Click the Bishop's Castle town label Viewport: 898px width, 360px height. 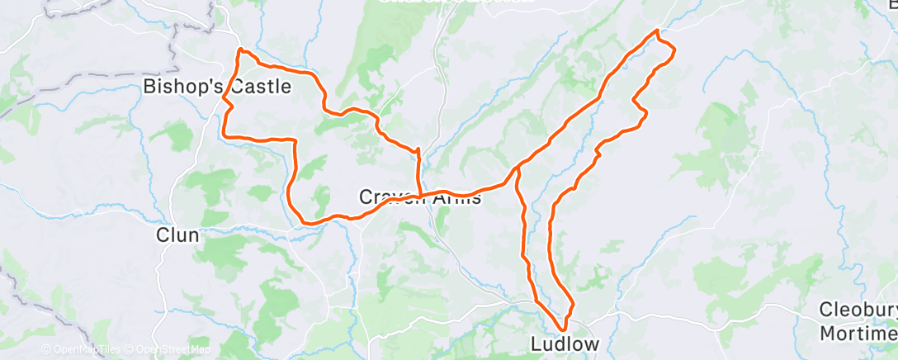(217, 86)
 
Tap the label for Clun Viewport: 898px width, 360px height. (177, 235)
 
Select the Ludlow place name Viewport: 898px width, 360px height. (563, 343)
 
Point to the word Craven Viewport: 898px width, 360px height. (390, 197)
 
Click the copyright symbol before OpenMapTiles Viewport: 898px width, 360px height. (46, 349)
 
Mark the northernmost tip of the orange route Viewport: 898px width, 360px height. (657, 31)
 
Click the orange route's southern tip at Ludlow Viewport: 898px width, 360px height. (565, 330)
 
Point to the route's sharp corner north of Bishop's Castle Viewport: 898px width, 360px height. (240, 50)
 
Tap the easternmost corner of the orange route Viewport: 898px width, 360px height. (675, 51)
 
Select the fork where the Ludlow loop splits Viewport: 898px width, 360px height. (516, 170)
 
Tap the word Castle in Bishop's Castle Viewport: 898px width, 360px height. (261, 86)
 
